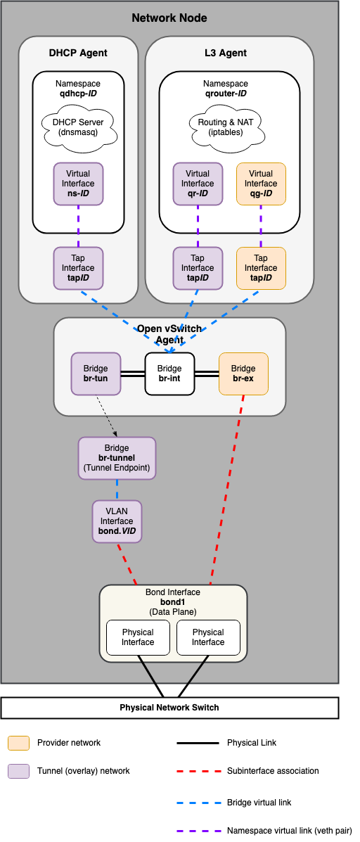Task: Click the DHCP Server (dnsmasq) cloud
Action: [x=78, y=127]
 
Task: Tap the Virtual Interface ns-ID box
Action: [x=78, y=184]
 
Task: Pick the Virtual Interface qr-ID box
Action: [x=198, y=184]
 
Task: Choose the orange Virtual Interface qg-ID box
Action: [x=261, y=184]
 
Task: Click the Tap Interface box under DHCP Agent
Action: [x=78, y=268]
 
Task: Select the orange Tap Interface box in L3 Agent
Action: [x=261, y=268]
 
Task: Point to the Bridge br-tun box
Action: [x=96, y=374]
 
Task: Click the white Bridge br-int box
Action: [x=169, y=374]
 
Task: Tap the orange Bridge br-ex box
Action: [x=243, y=374]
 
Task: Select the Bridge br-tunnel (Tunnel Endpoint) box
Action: [x=117, y=458]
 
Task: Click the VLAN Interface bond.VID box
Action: [x=117, y=521]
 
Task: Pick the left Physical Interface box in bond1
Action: [x=138, y=637]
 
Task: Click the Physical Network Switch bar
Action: [x=169, y=707]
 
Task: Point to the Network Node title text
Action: [x=169, y=18]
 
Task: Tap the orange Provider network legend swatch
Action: [x=18, y=743]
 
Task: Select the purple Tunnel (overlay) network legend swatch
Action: [x=18, y=771]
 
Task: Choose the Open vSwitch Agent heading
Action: [x=169, y=334]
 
